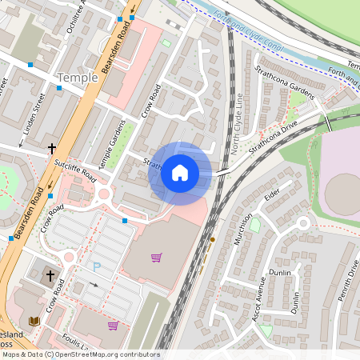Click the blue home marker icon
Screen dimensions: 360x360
[180, 173]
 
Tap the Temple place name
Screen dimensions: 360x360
[78, 78]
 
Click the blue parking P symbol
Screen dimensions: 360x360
[98, 266]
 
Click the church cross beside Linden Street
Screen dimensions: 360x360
[52, 149]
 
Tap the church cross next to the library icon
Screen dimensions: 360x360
[50, 276]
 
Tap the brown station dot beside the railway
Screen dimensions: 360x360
[212, 239]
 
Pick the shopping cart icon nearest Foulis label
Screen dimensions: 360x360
[113, 326]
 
